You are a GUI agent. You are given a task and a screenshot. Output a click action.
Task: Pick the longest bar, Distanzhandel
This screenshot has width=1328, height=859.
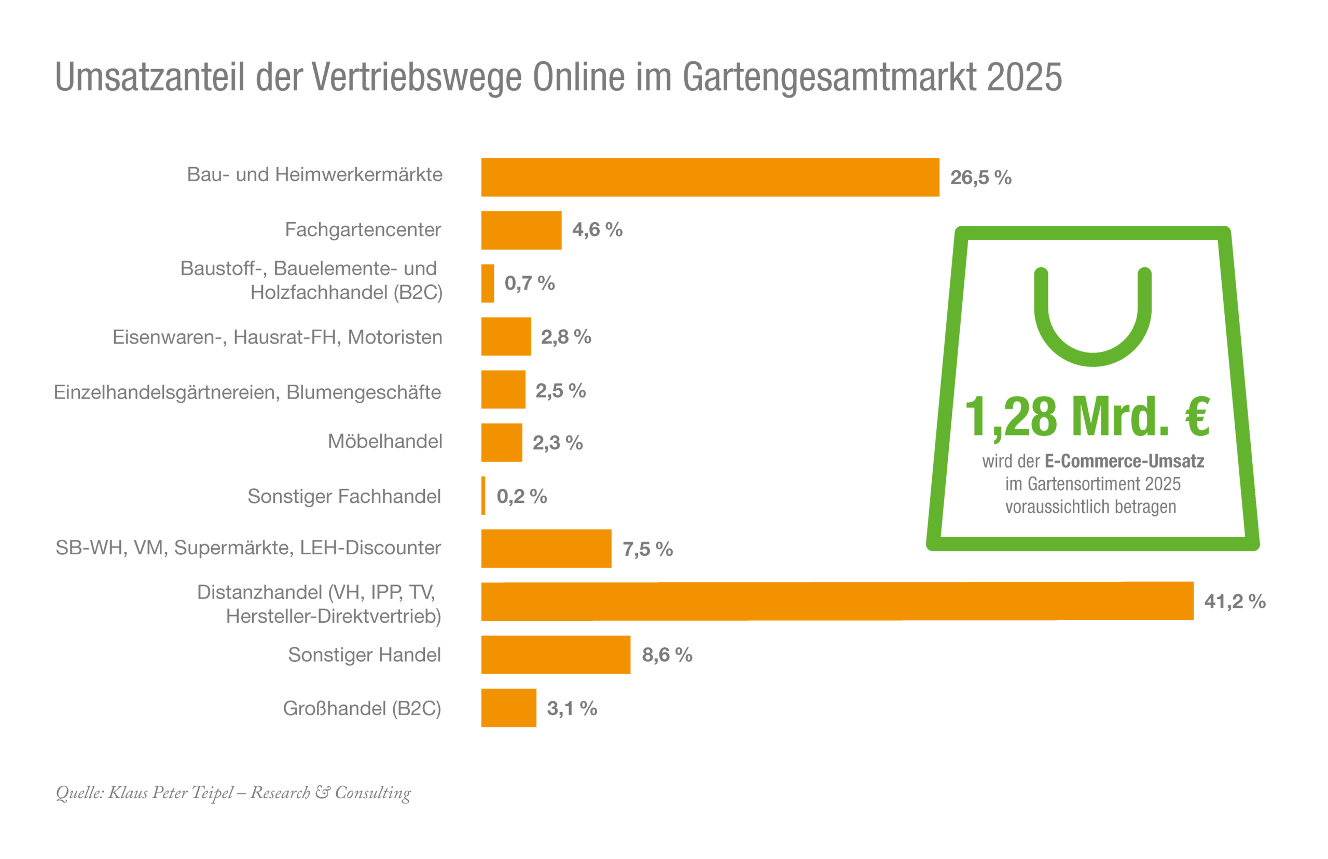pos(836,601)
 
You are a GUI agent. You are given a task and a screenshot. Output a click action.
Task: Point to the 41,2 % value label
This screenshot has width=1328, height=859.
pos(1234,601)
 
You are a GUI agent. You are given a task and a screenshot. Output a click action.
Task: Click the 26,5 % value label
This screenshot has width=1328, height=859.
pos(979,178)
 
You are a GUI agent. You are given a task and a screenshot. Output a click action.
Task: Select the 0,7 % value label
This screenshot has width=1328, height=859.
pos(529,283)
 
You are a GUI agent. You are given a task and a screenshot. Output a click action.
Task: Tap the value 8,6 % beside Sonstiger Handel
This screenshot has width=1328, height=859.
pos(666,655)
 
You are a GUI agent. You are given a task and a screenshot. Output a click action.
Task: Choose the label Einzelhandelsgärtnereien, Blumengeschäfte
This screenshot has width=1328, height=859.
pos(247,392)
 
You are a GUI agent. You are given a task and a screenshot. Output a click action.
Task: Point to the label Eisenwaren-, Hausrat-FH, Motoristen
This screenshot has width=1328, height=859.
pos(277,337)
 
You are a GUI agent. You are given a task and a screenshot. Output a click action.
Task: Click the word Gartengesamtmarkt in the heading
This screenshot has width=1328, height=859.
pos(828,77)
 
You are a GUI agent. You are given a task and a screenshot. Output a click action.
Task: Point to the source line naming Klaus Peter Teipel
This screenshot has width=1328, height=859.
pos(233,792)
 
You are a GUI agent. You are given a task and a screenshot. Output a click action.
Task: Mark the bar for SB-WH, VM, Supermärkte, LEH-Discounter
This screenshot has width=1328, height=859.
pos(545,548)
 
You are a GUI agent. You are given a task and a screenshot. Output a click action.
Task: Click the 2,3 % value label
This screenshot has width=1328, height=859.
pos(557,443)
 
